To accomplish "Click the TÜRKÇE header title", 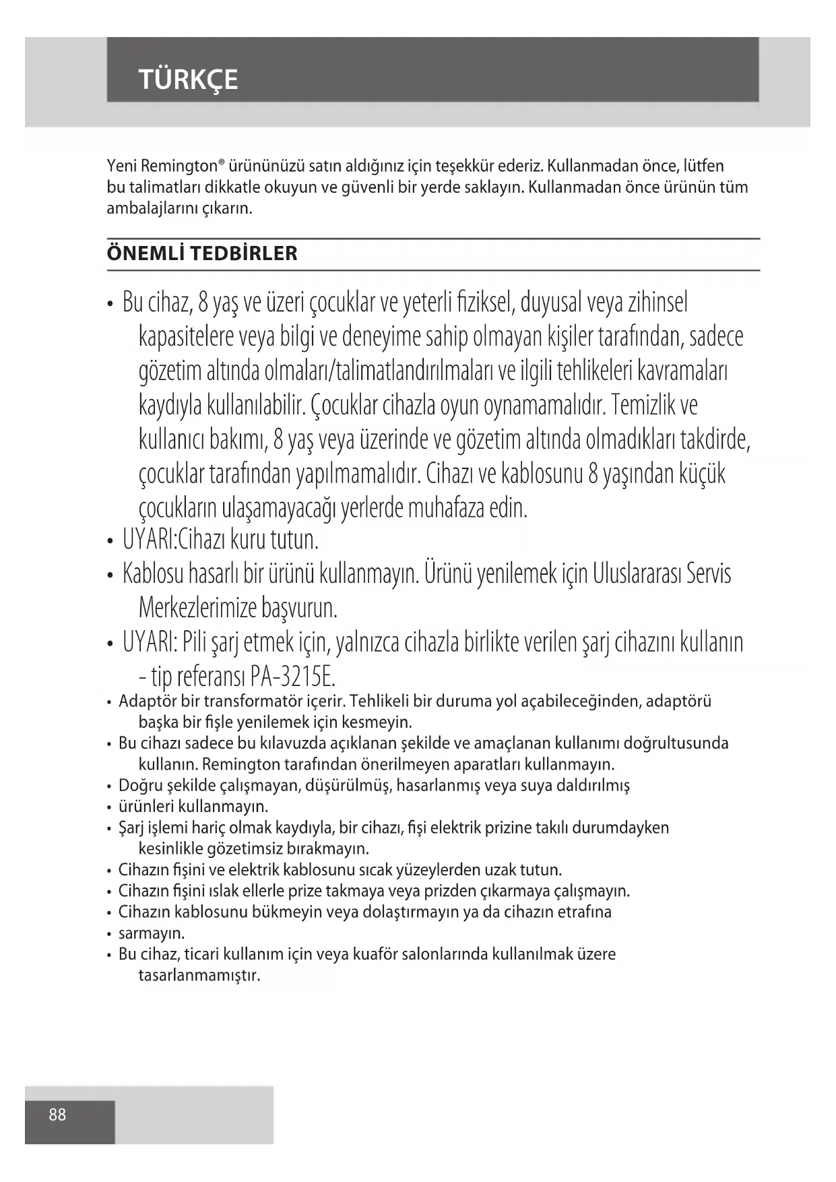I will (x=188, y=80).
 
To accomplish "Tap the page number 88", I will (x=57, y=1115).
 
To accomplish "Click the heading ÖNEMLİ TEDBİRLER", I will (x=201, y=254).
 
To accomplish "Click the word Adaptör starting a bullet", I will (x=148, y=702).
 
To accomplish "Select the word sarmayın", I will (x=152, y=933).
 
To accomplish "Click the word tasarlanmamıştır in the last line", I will (x=199, y=975).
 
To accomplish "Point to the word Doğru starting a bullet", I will (x=139, y=785).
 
